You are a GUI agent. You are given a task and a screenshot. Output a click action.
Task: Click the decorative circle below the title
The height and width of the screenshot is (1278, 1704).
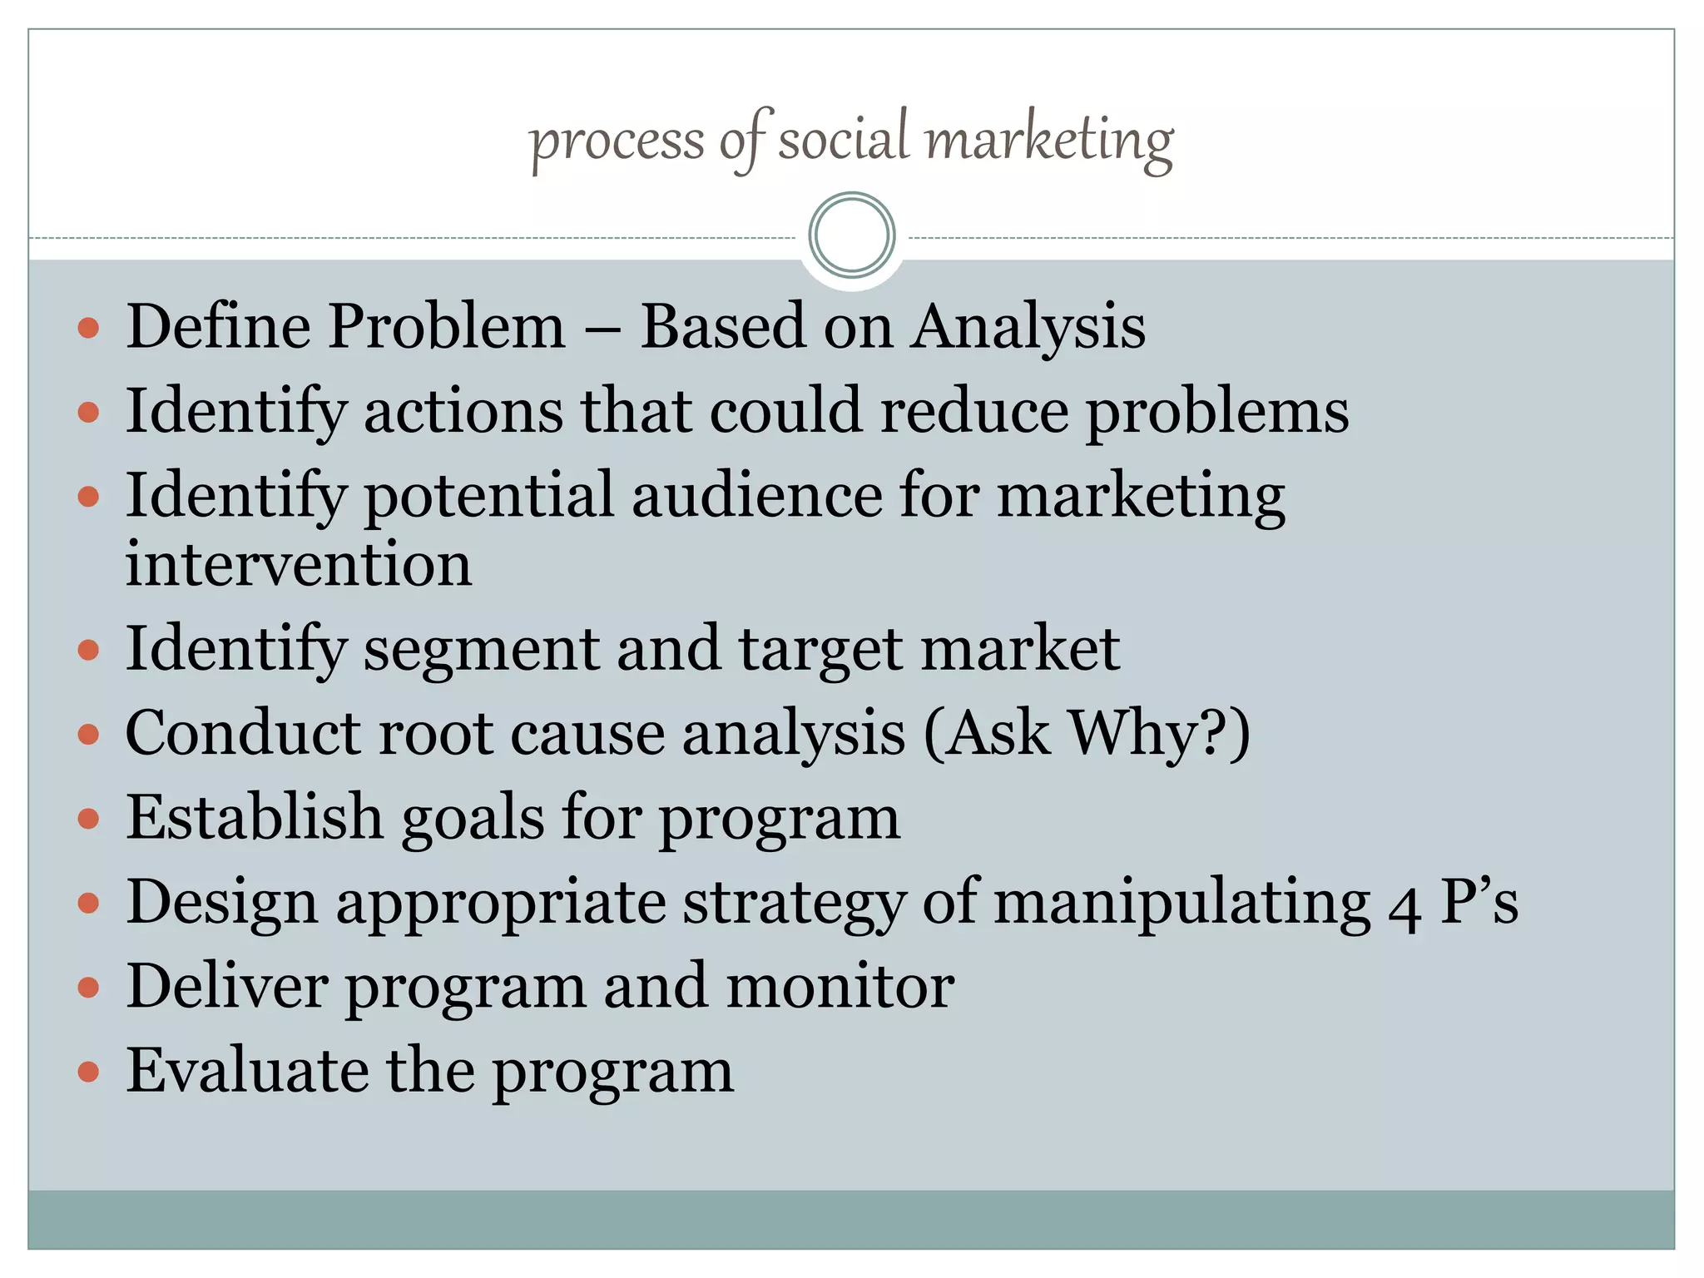[x=851, y=235]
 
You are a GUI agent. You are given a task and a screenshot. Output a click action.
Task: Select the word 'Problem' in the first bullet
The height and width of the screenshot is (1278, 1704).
[x=447, y=326]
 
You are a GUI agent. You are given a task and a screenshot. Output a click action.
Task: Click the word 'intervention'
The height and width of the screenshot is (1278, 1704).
[x=299, y=564]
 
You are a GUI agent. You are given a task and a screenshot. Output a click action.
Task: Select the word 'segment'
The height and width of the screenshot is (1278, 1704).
[x=481, y=651]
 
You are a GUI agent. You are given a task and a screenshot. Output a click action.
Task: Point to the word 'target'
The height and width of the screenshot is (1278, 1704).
[x=820, y=651]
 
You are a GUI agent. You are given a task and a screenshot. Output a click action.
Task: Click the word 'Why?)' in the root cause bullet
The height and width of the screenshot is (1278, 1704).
[x=1159, y=734]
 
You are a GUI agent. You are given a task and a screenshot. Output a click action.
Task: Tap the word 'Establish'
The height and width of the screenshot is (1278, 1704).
[x=254, y=817]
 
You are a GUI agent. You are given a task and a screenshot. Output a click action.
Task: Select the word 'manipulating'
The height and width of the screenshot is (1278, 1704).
[x=1182, y=904]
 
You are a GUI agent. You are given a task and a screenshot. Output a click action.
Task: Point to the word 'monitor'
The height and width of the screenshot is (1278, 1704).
[x=840, y=987]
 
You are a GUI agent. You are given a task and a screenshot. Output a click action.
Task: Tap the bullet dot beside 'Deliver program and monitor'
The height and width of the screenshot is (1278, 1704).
[x=88, y=988]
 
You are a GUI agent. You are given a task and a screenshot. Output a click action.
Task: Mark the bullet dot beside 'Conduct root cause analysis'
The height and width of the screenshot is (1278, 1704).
[x=88, y=735]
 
